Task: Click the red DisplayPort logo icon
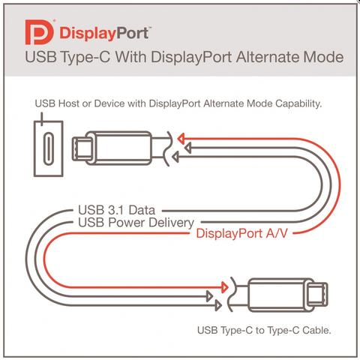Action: pos(40,32)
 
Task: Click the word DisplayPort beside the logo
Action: pos(104,34)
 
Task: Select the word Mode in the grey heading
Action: pos(323,57)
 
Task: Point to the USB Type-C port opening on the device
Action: pos(49,148)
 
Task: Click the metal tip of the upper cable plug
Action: pos(82,148)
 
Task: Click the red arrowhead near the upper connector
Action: pos(181,138)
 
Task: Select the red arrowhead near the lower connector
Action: pos(225,287)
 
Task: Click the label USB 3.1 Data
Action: pos(117,210)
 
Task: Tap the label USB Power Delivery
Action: pos(136,222)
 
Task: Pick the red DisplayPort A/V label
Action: pos(241,233)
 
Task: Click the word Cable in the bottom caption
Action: pos(316,330)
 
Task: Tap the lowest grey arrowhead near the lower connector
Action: pos(218,305)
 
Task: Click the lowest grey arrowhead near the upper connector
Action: pos(175,157)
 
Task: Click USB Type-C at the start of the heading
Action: pos(67,57)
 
